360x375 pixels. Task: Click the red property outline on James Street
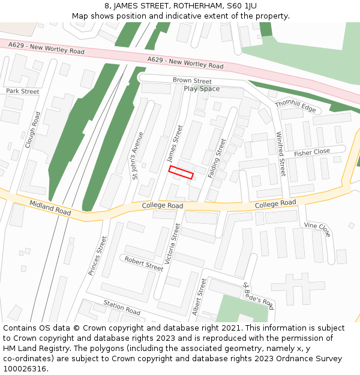tap(181, 173)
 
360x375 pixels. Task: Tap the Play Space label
tap(202, 89)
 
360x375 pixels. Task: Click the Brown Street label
tap(192, 81)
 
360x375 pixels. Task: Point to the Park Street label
tap(22, 92)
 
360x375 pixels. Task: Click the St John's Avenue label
tap(138, 155)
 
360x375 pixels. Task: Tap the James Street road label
tap(174, 143)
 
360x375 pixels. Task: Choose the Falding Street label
tap(217, 158)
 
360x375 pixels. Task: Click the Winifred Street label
tap(280, 154)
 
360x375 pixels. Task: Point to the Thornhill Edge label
tap(295, 106)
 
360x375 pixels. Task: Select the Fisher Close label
tap(312, 153)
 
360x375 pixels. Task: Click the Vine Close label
tap(317, 230)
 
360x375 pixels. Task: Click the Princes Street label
tap(97, 256)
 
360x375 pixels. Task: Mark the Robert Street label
tap(143, 264)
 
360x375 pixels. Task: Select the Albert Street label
tap(199, 297)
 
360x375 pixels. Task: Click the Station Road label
tap(122, 308)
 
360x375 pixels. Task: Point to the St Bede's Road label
tap(259, 296)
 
